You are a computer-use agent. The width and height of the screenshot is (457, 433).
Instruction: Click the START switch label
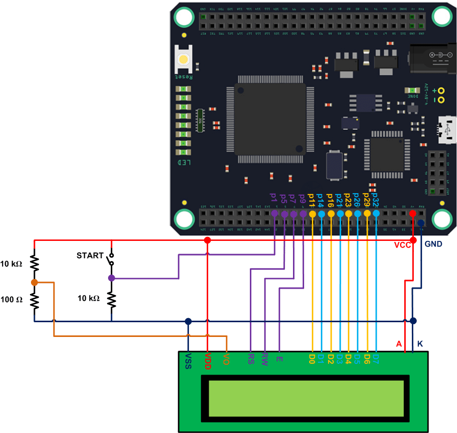click(90, 256)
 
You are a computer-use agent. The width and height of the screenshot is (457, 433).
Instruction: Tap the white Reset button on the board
click(183, 59)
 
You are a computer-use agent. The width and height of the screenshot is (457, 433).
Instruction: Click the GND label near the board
click(433, 244)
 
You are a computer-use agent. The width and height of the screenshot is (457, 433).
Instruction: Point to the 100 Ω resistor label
click(12, 299)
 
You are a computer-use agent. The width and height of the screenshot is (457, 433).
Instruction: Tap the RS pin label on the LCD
click(251, 359)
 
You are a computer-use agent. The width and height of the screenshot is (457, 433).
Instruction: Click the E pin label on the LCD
click(279, 358)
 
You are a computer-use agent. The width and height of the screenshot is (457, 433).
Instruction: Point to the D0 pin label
click(312, 359)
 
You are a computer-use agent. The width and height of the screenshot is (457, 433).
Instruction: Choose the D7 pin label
click(376, 359)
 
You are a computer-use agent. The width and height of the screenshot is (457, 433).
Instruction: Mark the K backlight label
click(420, 344)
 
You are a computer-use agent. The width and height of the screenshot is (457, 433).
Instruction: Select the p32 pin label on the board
click(376, 198)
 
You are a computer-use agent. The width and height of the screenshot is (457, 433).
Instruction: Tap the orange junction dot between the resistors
click(34, 282)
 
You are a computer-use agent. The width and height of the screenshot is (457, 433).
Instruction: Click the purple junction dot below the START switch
click(111, 278)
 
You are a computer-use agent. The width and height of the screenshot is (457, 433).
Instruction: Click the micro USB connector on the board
click(446, 131)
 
